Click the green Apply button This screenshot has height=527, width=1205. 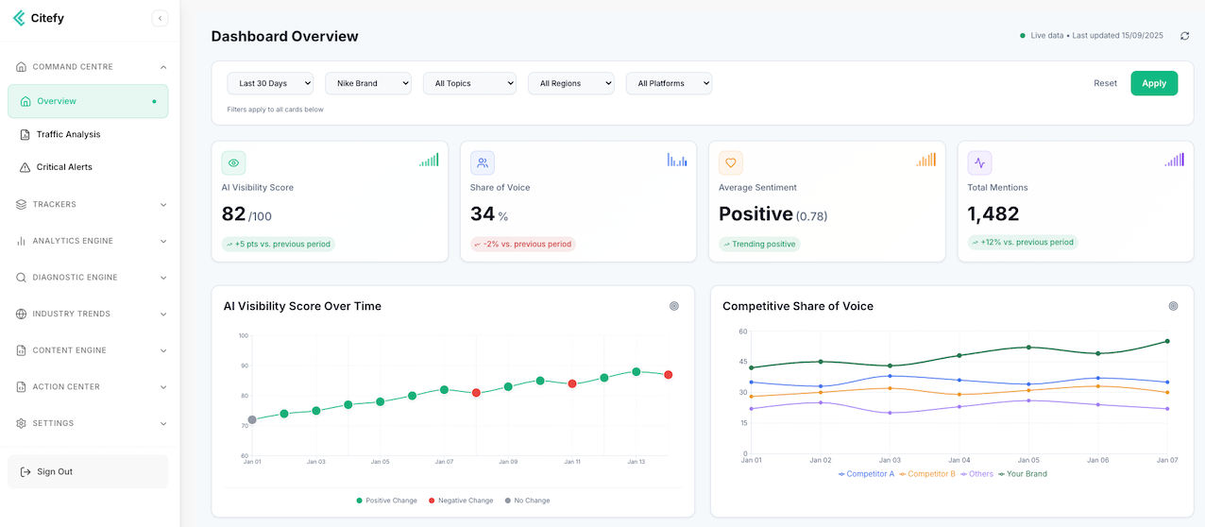pyautogui.click(x=1154, y=83)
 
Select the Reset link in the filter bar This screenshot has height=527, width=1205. pyautogui.click(x=1105, y=83)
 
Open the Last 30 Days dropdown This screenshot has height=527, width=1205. pyautogui.click(x=270, y=83)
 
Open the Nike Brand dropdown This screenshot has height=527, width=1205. pyautogui.click(x=368, y=83)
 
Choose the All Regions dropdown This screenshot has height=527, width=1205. pyautogui.click(x=570, y=83)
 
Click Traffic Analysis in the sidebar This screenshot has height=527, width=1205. pyautogui.click(x=68, y=134)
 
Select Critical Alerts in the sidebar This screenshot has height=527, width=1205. pyautogui.click(x=64, y=167)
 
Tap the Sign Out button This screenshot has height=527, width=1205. pyautogui.click(x=88, y=471)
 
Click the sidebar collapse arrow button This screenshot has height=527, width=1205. pyautogui.click(x=160, y=18)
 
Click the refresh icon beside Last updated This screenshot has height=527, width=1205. pyautogui.click(x=1184, y=36)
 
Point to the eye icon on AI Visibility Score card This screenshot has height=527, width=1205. pyautogui.click(x=233, y=163)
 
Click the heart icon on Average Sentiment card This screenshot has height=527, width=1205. pyautogui.click(x=731, y=163)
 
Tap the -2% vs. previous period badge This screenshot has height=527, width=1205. pyautogui.click(x=523, y=245)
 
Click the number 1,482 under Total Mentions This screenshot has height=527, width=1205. pyautogui.click(x=993, y=214)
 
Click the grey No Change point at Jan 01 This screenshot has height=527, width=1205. pyautogui.click(x=252, y=419)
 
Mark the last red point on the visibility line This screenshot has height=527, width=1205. pyautogui.click(x=668, y=375)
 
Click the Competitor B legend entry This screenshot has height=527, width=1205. pyautogui.click(x=927, y=474)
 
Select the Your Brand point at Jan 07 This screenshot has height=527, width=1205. pyautogui.click(x=1167, y=341)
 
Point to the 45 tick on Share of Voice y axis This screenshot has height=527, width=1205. pyautogui.click(x=743, y=362)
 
